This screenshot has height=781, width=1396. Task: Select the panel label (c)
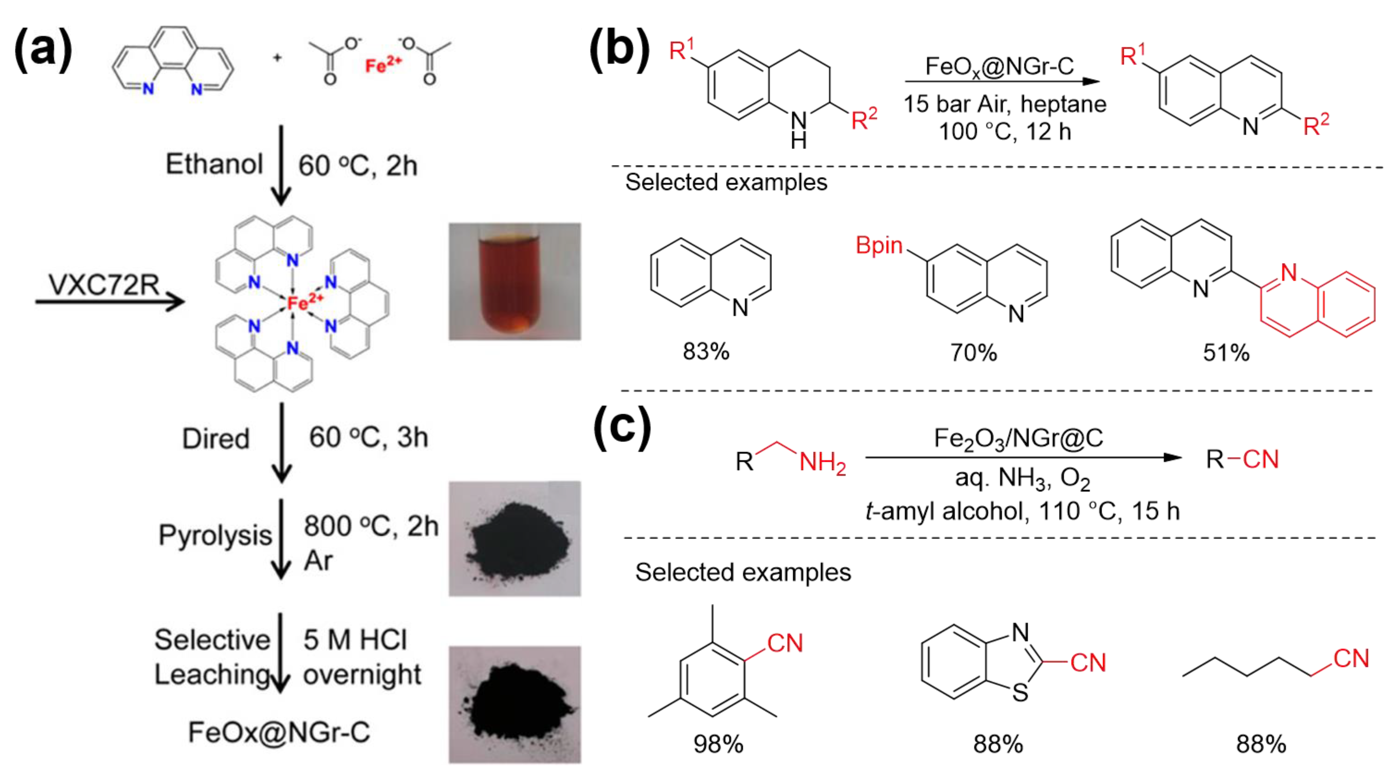pyautogui.click(x=622, y=427)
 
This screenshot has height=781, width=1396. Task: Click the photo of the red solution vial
pyautogui.click(x=514, y=282)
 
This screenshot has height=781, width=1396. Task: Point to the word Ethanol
pyautogui.click(x=214, y=164)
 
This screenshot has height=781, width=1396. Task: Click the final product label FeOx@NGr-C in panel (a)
pyautogui.click(x=279, y=732)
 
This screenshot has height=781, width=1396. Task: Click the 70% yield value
pyautogui.click(x=973, y=353)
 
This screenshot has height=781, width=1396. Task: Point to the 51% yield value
pyautogui.click(x=1226, y=353)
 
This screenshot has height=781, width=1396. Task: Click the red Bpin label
pyautogui.click(x=878, y=245)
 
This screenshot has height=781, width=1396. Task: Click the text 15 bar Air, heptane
pyautogui.click(x=1004, y=104)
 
